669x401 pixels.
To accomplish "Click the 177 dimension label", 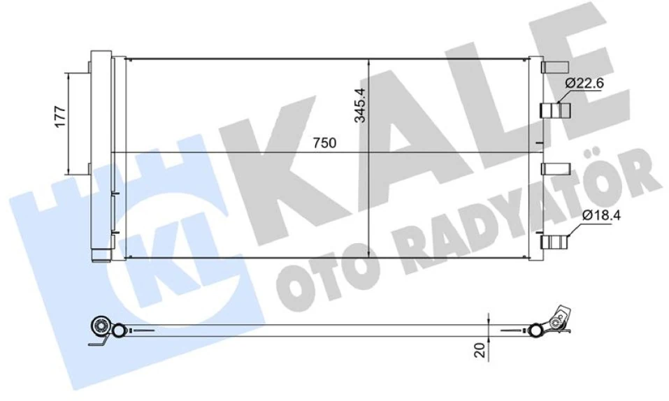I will click(x=61, y=116).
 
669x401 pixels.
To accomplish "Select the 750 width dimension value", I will click(x=324, y=143).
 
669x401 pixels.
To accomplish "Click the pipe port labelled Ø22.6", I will click(x=556, y=110).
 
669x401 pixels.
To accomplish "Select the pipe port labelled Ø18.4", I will click(x=556, y=242).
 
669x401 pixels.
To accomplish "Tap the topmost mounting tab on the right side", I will click(x=556, y=68).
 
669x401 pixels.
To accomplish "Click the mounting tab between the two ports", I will click(x=556, y=168).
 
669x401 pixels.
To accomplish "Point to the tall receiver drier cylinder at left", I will click(x=101, y=154).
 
